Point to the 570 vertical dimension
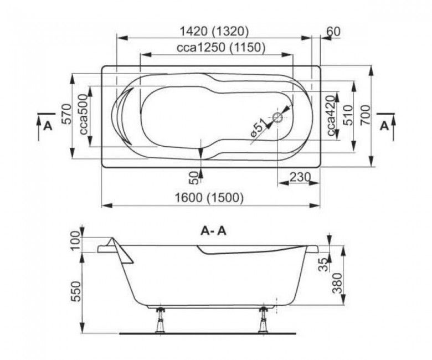click(66, 115)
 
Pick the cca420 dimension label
click(331, 115)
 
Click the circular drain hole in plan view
click(277, 118)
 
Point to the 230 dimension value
click(299, 177)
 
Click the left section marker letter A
click(48, 126)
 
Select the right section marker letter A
click(384, 126)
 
